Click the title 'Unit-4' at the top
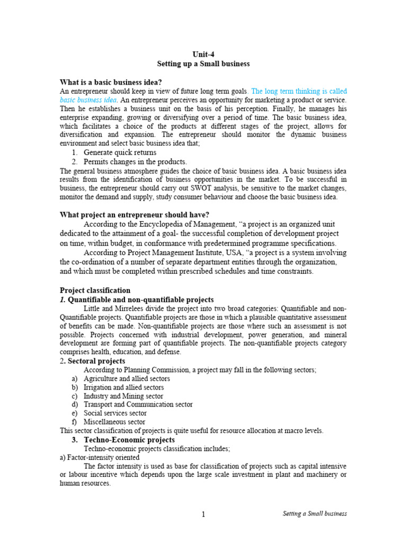[203, 53]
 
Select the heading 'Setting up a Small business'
[203, 64]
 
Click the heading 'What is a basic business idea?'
[111, 82]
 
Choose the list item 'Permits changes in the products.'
[135, 161]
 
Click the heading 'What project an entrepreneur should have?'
[135, 214]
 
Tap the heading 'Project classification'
[95, 290]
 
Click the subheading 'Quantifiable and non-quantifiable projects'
[141, 300]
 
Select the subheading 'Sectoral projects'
[97, 361]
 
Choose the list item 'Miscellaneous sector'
[114, 422]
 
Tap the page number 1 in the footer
[203, 514]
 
